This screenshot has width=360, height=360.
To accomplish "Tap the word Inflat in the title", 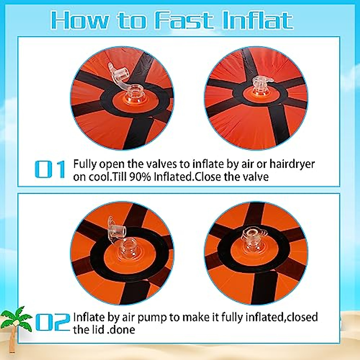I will click(258, 21).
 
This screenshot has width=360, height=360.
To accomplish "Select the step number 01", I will click(50, 169).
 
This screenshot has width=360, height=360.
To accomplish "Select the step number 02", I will click(52, 322).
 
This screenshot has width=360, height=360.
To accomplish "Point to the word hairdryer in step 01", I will click(292, 164).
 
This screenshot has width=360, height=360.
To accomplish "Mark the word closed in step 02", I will click(301, 317).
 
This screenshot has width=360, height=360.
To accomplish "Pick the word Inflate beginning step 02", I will click(89, 317).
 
